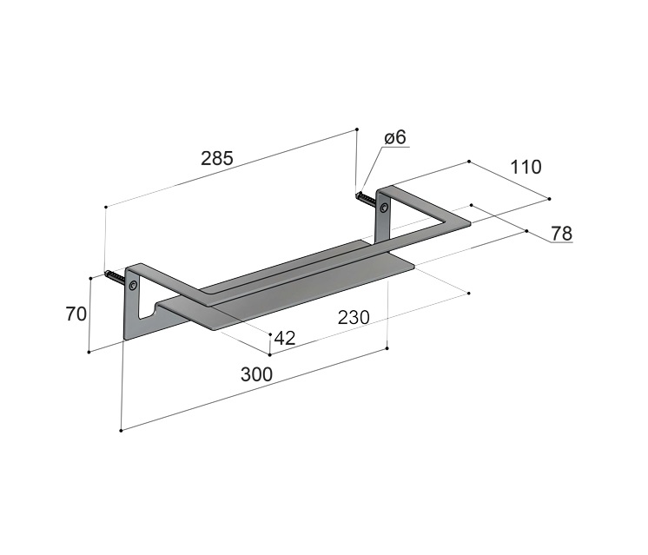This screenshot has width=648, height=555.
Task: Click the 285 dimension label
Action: point(217,158)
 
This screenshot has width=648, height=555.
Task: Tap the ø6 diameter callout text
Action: point(395,137)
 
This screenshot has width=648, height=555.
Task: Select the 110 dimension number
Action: point(526,167)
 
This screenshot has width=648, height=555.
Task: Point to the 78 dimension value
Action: point(562,234)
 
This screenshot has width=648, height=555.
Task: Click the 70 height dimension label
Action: point(76,314)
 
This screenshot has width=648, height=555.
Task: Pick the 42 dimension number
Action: point(285,338)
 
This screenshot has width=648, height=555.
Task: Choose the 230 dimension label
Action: point(354,317)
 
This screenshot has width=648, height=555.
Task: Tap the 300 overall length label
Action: point(256,374)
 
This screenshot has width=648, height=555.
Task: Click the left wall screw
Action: point(115,275)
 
